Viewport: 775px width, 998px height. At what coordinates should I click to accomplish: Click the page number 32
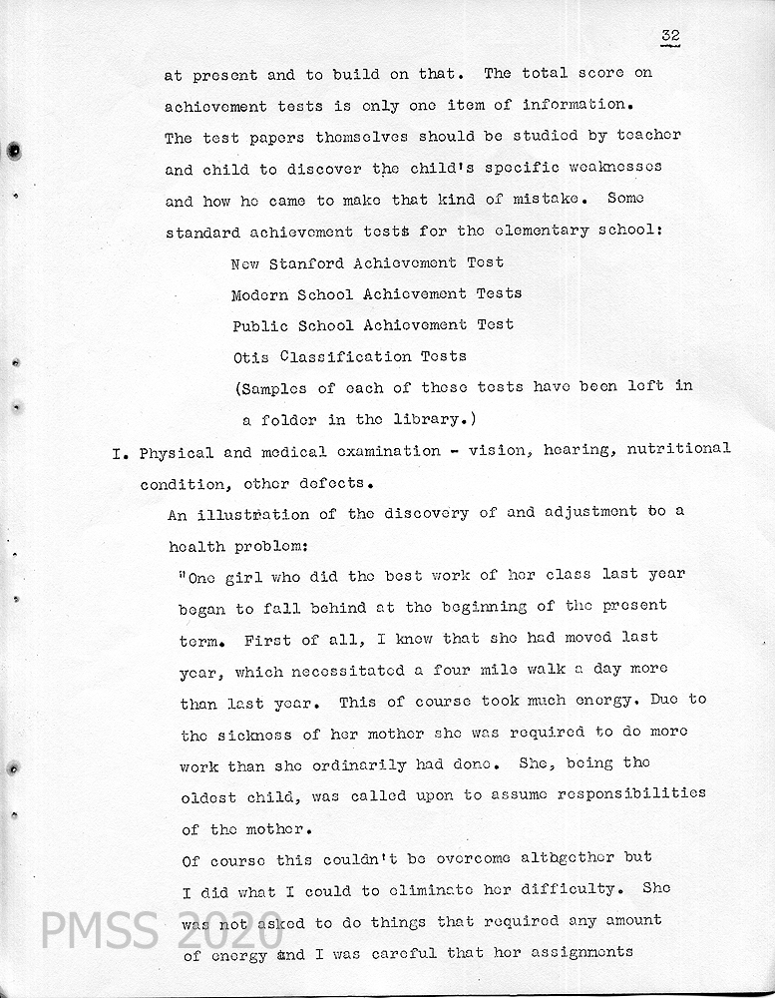click(669, 36)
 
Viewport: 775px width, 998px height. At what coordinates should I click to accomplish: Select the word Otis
click(250, 356)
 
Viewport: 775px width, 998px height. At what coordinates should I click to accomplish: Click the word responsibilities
click(622, 793)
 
